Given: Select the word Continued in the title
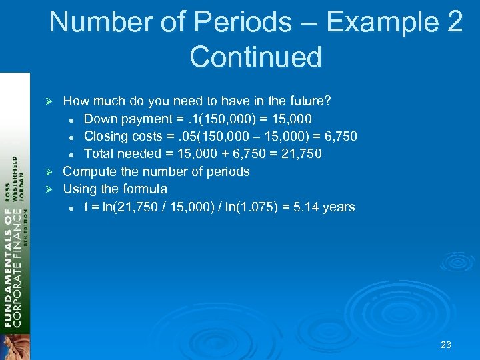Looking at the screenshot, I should [x=255, y=57].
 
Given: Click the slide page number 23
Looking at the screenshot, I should [x=446, y=345].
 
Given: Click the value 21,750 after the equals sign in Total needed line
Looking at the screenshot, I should [x=300, y=154].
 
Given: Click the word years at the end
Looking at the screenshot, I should [x=338, y=207].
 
